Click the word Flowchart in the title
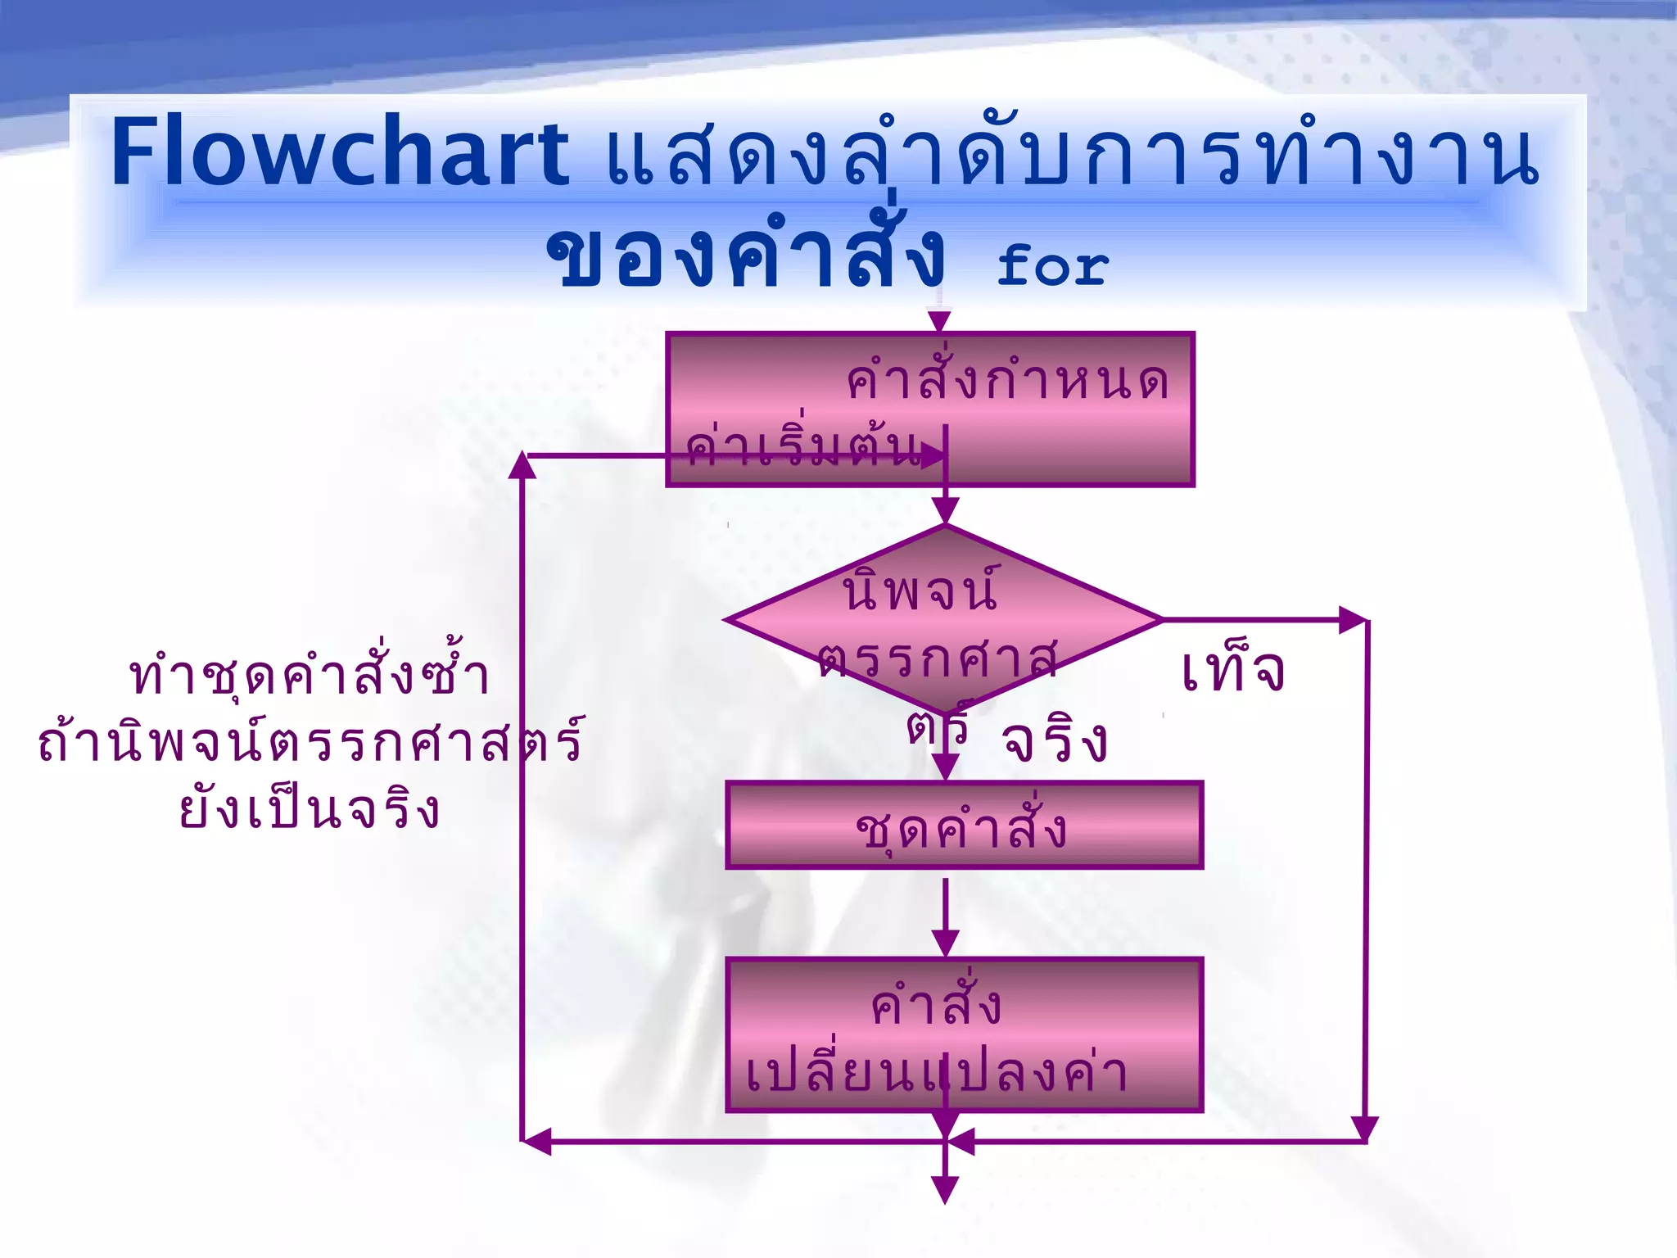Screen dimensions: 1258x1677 pyautogui.click(x=340, y=153)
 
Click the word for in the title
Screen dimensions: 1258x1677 pyautogui.click(x=1052, y=266)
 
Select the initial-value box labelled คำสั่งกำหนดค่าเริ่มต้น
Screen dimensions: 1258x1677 pyautogui.click(x=930, y=409)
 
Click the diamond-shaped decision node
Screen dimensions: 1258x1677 pyautogui.click(x=945, y=620)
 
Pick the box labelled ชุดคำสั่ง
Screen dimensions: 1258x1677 pyautogui.click(x=964, y=826)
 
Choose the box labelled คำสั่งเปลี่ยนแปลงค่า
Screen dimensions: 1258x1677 pyautogui.click(x=964, y=1034)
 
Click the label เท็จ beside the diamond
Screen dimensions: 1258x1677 pyautogui.click(x=1232, y=672)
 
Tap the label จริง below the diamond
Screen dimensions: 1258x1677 pyautogui.click(x=1055, y=741)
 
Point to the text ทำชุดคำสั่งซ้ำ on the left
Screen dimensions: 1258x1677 pyautogui.click(x=310, y=676)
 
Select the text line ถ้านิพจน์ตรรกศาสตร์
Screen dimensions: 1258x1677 pyautogui.click(x=310, y=742)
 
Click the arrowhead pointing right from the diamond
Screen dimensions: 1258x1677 pyautogui.click(x=1353, y=620)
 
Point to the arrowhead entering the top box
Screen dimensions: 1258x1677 pyautogui.click(x=939, y=321)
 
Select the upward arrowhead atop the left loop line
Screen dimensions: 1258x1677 pyautogui.click(x=522, y=465)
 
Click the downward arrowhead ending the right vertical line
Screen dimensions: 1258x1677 pyautogui.click(x=1364, y=1129)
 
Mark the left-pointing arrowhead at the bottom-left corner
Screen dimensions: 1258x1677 pyautogui.click(x=537, y=1141)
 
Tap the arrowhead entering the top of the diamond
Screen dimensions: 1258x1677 pyautogui.click(x=945, y=511)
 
